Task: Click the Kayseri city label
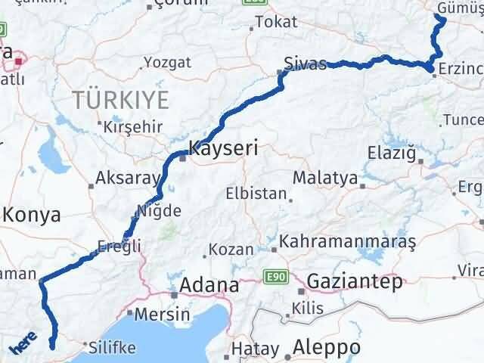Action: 223,149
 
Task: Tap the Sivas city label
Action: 305,63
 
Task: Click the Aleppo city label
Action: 327,348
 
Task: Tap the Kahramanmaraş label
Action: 349,242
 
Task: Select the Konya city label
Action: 32,216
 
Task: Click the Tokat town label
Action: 276,22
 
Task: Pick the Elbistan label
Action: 256,194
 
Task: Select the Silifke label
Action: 112,348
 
